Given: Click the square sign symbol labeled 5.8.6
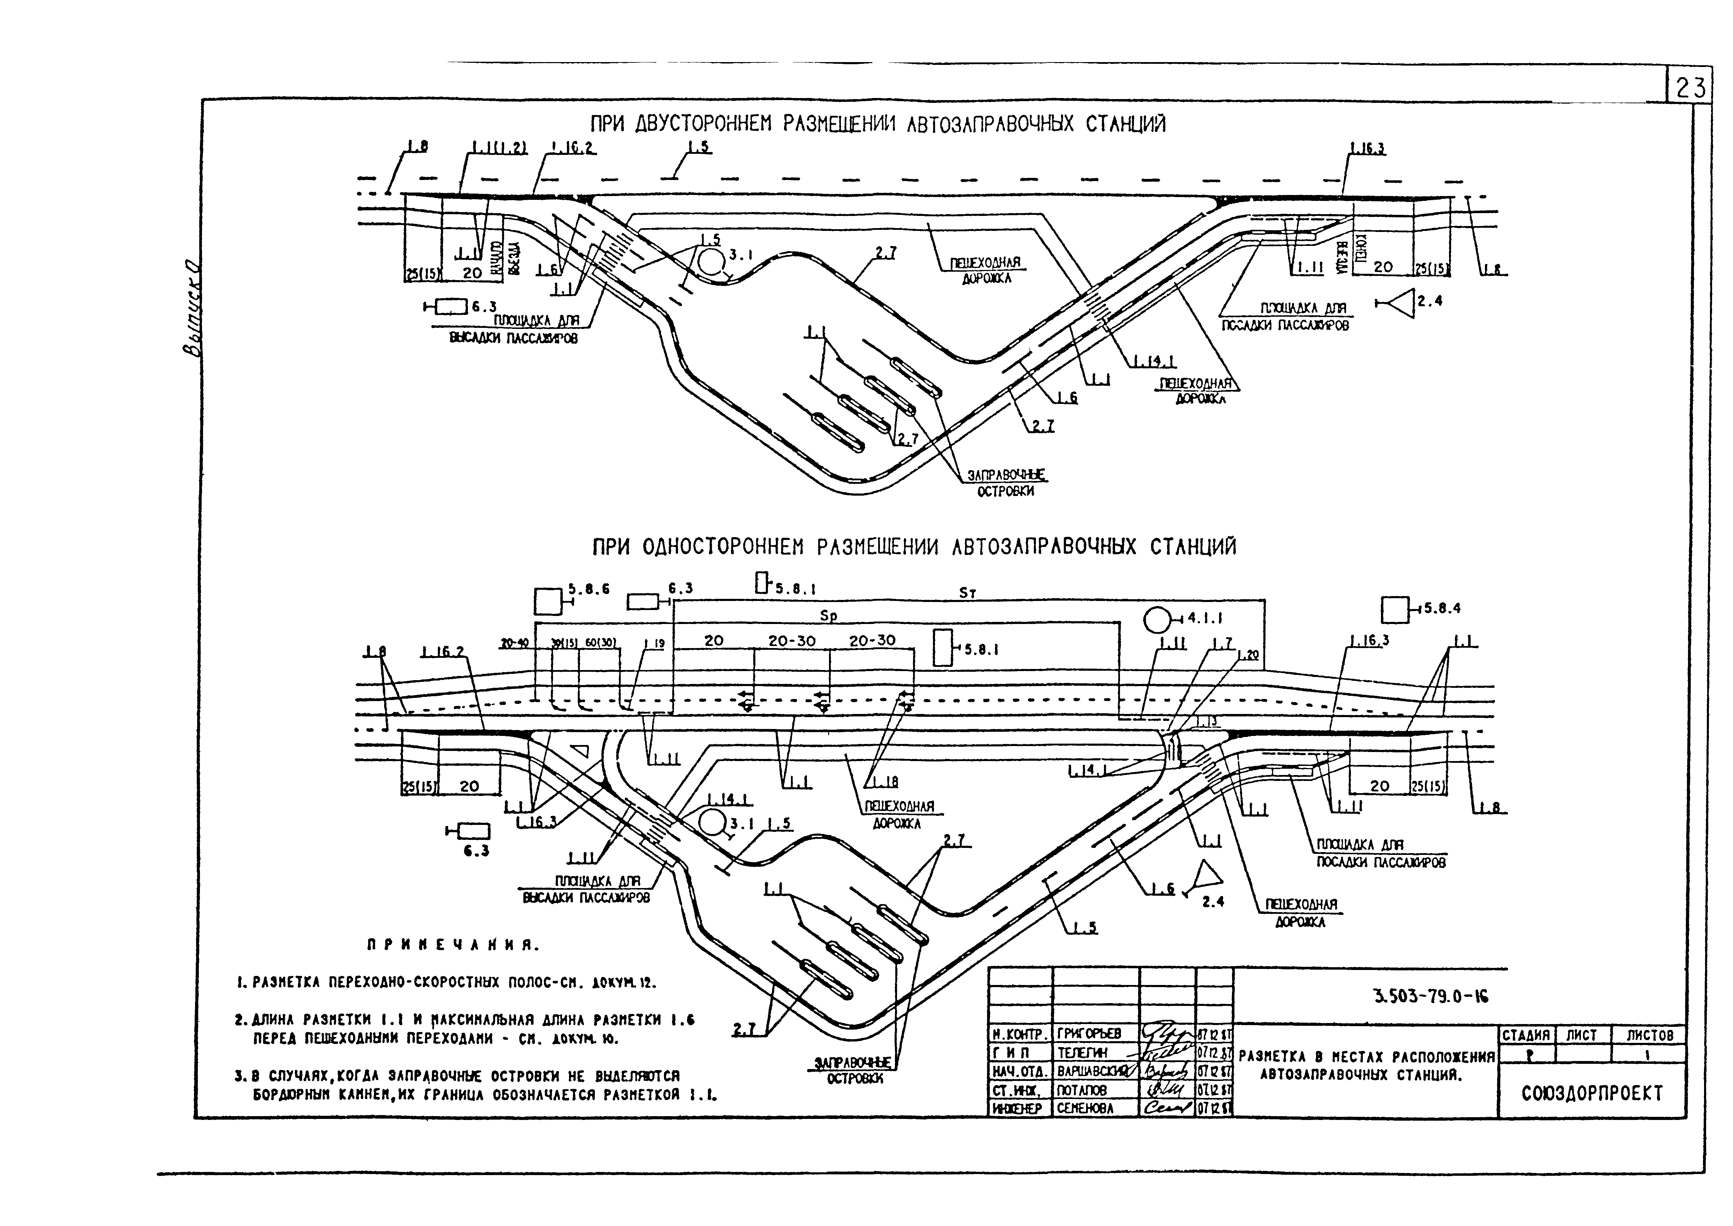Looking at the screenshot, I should pos(548,601).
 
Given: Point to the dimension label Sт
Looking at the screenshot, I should pos(967,593).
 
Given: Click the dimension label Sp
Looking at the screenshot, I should pos(828,616).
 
